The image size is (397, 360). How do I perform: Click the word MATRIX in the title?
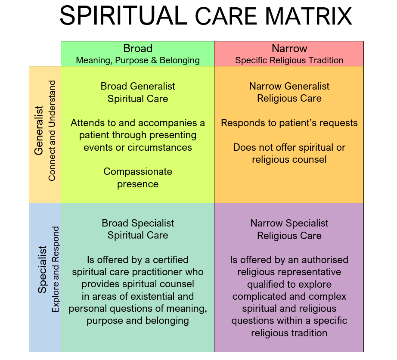coord(308,16)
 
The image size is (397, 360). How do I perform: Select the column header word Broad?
coord(138,48)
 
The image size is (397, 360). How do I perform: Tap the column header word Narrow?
coord(289,48)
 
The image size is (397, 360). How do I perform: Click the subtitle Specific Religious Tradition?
coord(289,60)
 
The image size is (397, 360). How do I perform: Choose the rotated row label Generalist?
coord(39,130)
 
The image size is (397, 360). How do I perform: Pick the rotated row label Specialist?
coord(42,270)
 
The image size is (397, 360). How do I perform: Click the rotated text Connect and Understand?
coord(52,130)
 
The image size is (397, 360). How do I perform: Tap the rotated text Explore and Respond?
coord(56,270)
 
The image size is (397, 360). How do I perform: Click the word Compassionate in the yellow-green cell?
coord(138,172)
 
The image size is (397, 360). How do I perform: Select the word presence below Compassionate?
coord(138,184)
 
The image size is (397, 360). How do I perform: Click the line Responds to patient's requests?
coord(289,123)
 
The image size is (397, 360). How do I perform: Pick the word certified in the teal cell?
coord(171,260)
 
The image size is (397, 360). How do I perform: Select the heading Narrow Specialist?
coord(289,223)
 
